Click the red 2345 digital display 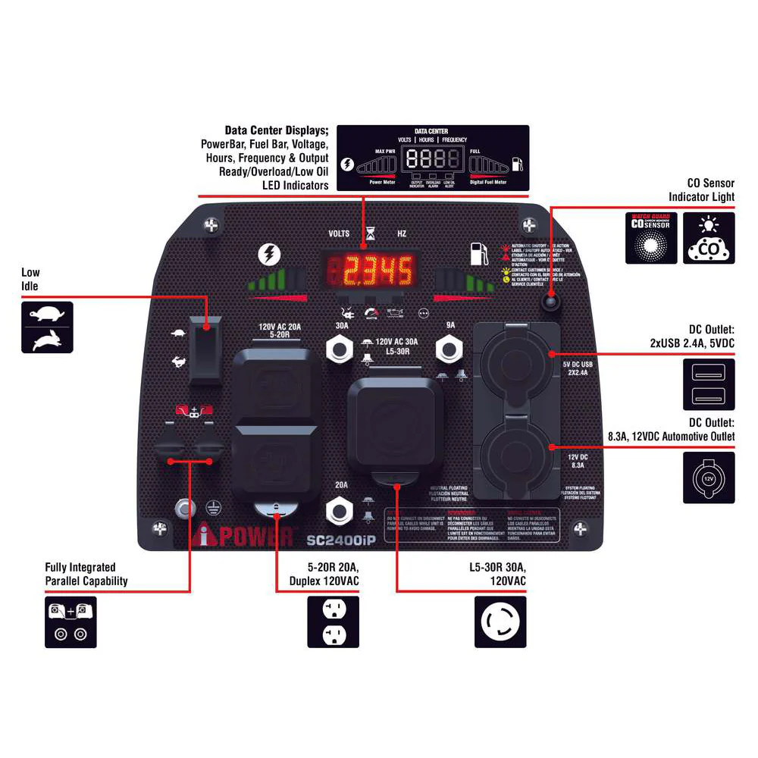point(371,269)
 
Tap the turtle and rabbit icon point(47,327)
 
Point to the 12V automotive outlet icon point(708,478)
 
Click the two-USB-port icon point(708,384)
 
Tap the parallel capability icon point(70,622)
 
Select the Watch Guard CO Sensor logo point(650,238)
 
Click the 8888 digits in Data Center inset point(433,158)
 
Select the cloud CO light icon point(708,238)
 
